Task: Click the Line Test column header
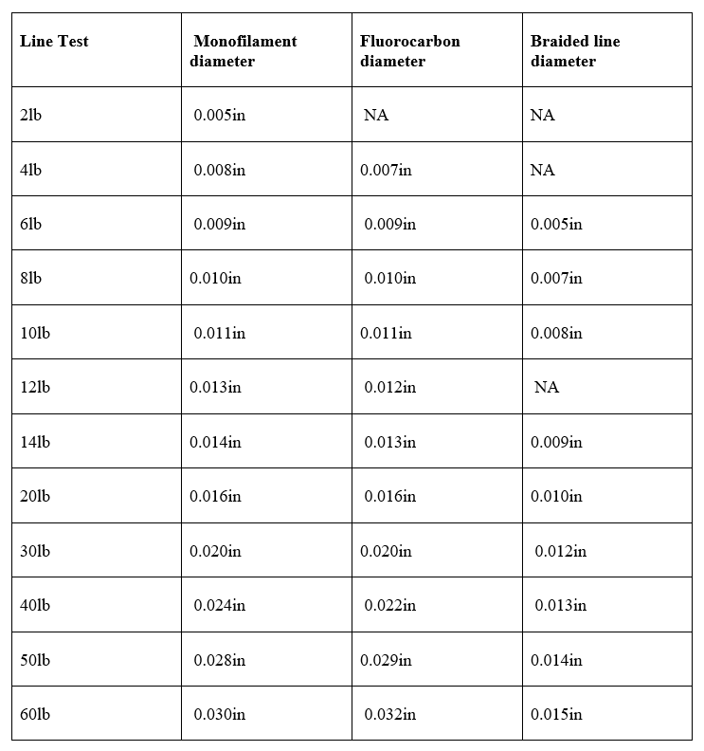(54, 42)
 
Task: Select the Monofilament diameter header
(244, 51)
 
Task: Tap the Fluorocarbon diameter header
(409, 51)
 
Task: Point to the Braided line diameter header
(574, 51)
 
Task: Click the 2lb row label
(30, 115)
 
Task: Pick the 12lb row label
(34, 387)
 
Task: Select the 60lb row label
(34, 714)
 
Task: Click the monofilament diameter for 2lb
(219, 115)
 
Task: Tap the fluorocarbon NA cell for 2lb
(376, 115)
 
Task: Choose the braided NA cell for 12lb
(547, 387)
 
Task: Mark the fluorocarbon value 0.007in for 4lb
(386, 170)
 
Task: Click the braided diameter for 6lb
(556, 224)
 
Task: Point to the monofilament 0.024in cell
(219, 605)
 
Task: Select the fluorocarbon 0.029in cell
(386, 660)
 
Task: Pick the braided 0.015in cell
(556, 714)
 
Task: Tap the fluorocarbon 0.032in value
(389, 714)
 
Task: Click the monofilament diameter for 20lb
(215, 496)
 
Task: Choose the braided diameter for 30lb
(560, 551)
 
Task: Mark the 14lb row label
(34, 442)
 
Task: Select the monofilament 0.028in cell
(219, 660)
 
